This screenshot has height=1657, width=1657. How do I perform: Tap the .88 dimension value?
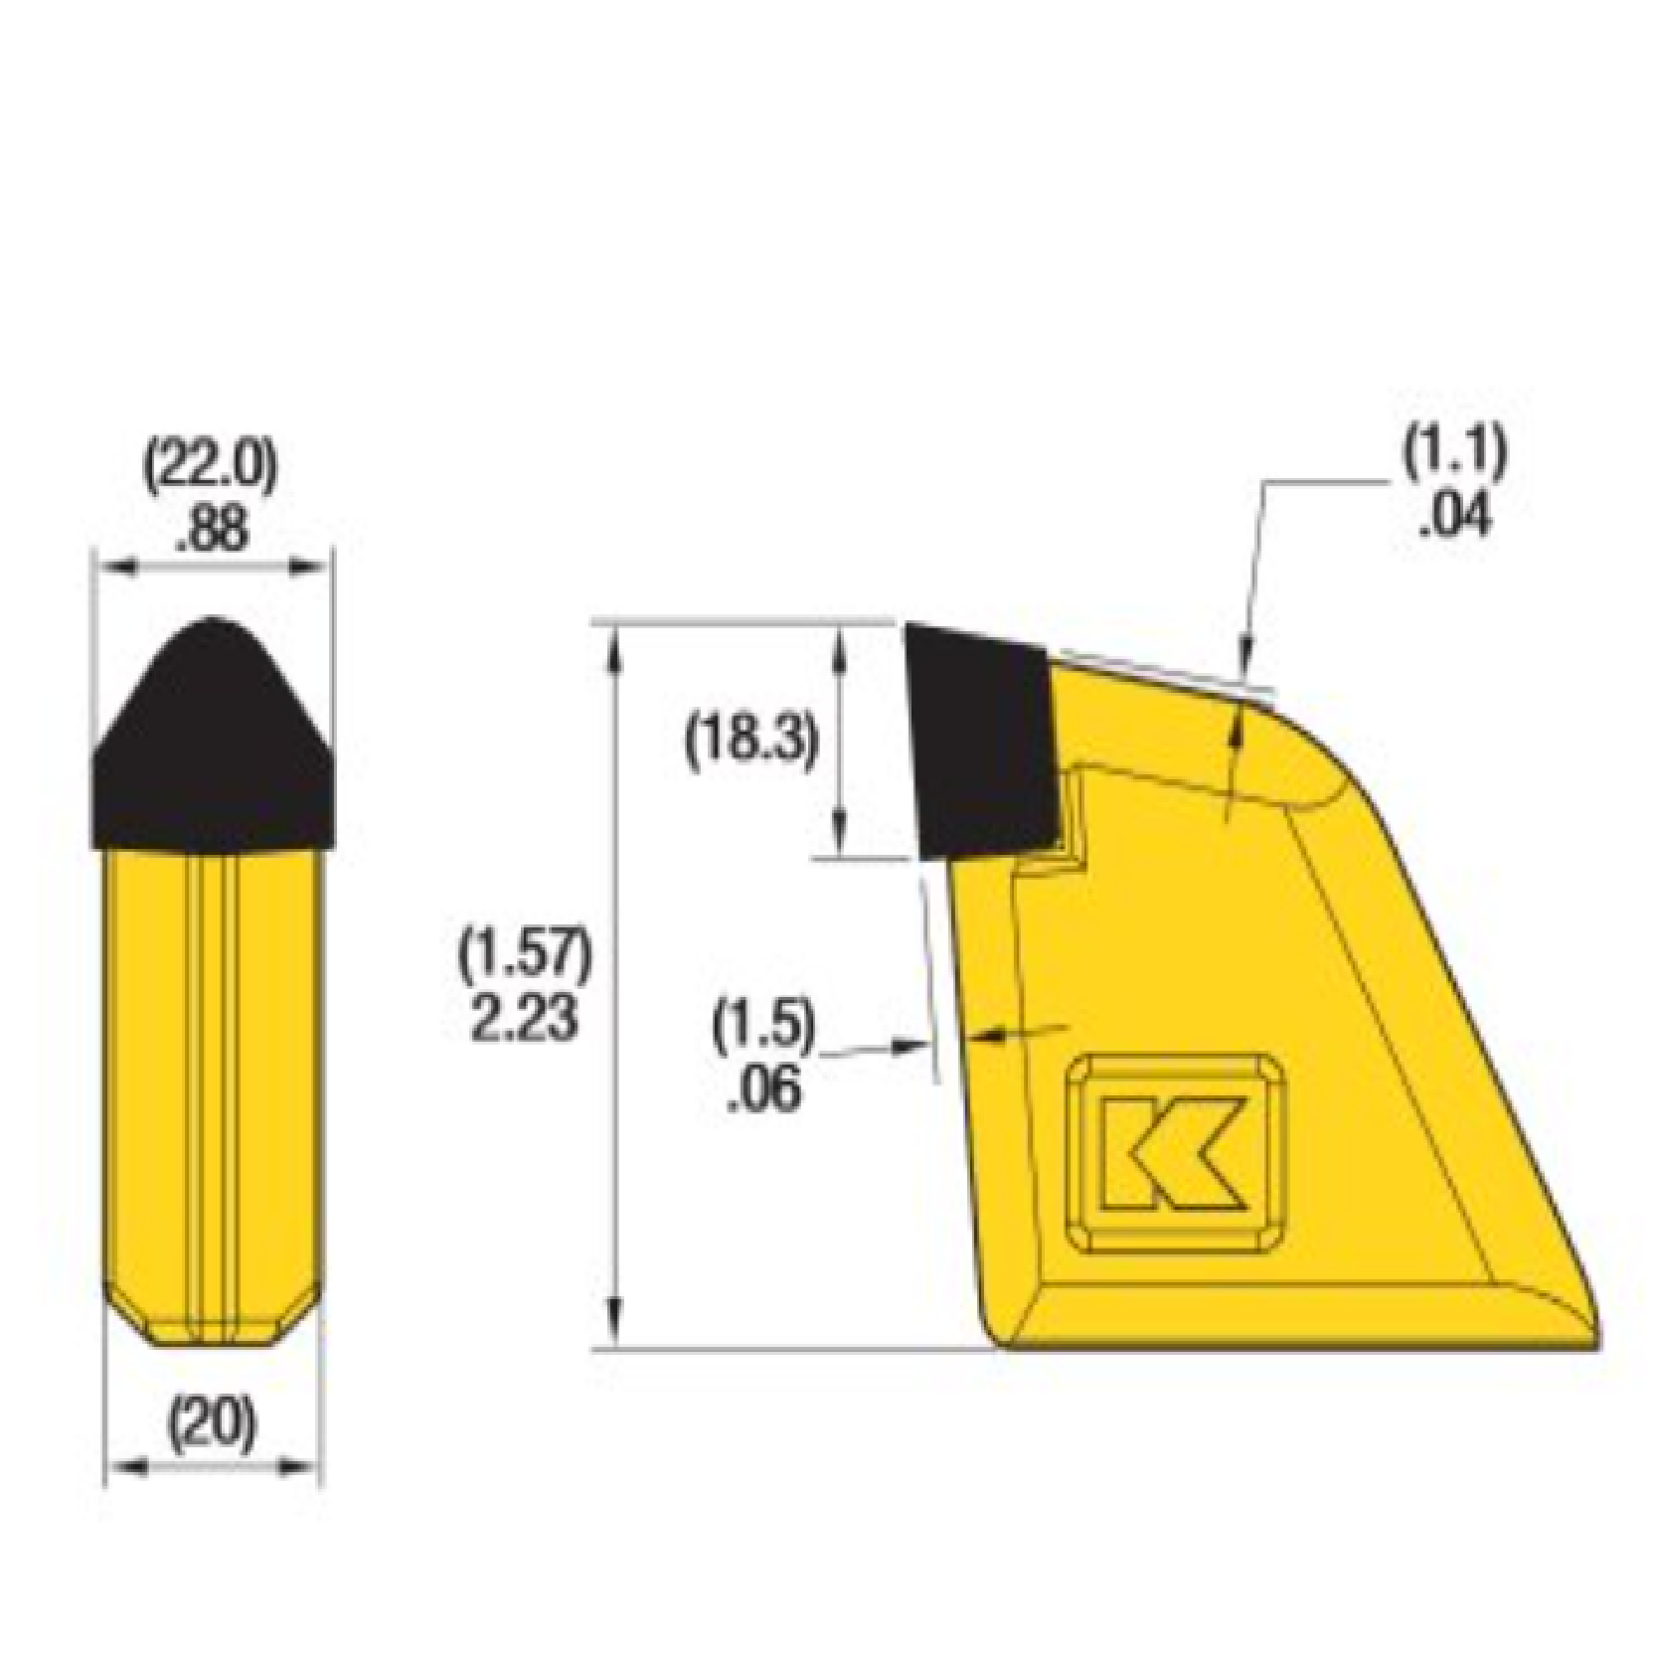(x=211, y=530)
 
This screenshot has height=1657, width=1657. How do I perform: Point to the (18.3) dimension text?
(x=752, y=741)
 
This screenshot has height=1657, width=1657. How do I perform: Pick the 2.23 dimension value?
(x=524, y=1019)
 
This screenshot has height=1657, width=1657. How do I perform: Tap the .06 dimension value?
(x=763, y=1090)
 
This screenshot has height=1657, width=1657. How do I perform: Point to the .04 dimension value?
(x=1455, y=517)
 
